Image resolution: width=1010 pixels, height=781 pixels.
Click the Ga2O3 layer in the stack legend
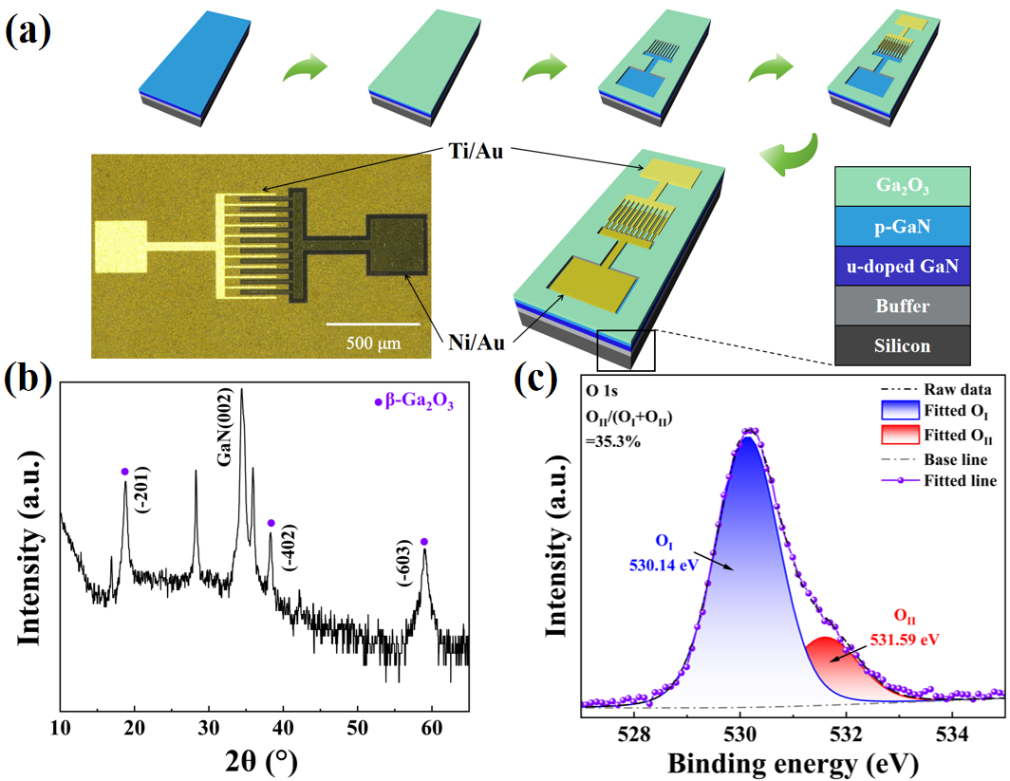[903, 187]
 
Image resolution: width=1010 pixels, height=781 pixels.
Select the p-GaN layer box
[903, 227]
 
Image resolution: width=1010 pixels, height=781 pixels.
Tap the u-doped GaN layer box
[903, 267]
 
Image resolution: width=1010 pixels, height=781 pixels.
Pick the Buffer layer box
[903, 306]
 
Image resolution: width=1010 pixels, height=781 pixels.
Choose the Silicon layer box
[903, 345]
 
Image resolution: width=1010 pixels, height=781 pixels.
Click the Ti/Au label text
[476, 151]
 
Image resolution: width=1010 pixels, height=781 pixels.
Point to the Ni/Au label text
[476, 343]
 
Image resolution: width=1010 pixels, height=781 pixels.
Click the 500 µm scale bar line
[373, 324]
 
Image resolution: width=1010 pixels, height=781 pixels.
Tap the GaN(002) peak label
[224, 426]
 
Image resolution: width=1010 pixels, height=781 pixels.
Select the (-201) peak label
[143, 490]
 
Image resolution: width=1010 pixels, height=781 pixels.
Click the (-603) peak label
[404, 563]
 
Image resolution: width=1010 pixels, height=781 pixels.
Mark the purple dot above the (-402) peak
[271, 523]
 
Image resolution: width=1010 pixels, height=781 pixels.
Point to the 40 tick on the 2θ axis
[283, 728]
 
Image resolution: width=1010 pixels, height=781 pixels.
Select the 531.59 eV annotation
[905, 640]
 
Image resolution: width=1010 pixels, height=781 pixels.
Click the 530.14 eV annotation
[664, 565]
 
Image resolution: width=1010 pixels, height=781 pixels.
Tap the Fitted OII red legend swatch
[900, 436]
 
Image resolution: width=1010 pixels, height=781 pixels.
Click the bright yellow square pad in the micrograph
[121, 247]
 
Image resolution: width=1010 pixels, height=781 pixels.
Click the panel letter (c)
[536, 380]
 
